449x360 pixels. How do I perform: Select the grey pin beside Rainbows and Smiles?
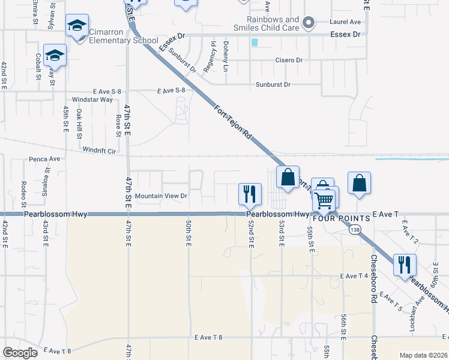pyautogui.click(x=309, y=23)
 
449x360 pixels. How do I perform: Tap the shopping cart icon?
pyautogui.click(x=324, y=199)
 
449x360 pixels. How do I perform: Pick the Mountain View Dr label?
pyautogui.click(x=161, y=196)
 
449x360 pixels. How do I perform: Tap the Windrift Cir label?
pyautogui.click(x=99, y=151)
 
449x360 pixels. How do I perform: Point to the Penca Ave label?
pyautogui.click(x=45, y=159)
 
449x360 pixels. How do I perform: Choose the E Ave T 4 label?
pyautogui.click(x=353, y=276)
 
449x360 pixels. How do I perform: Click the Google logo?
pyautogui.click(x=20, y=352)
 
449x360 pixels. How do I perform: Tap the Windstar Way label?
pyautogui.click(x=92, y=99)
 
